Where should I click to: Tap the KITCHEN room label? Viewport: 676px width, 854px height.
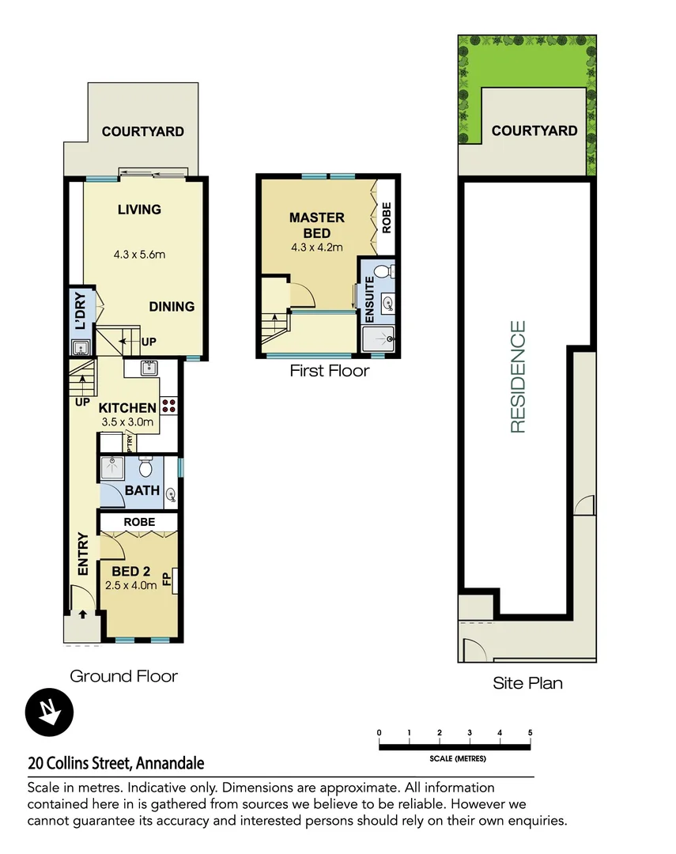point(127,408)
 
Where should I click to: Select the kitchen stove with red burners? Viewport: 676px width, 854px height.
point(169,406)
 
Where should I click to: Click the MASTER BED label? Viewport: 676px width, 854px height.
point(316,225)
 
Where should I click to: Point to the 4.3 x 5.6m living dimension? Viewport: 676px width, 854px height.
point(139,255)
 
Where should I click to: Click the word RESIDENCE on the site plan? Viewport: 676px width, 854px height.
point(518,376)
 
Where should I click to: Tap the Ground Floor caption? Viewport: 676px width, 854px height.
point(124,676)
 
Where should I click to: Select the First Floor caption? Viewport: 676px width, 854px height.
point(329,370)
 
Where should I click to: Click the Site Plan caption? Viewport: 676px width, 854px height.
point(527,682)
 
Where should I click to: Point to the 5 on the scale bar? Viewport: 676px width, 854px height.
point(530,733)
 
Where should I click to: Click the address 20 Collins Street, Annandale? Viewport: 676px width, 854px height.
point(116,763)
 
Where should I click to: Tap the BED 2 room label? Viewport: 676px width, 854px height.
point(131,572)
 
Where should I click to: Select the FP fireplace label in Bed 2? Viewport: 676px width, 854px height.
point(167,579)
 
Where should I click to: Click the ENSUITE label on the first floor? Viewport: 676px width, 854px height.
point(369,295)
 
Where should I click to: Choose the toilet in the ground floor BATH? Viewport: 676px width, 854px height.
point(145,467)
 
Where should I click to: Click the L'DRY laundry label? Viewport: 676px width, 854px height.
point(79,312)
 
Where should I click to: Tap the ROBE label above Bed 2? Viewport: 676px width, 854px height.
point(138,523)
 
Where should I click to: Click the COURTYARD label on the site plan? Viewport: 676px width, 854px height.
point(534,130)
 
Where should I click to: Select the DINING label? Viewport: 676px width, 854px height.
point(172,307)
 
